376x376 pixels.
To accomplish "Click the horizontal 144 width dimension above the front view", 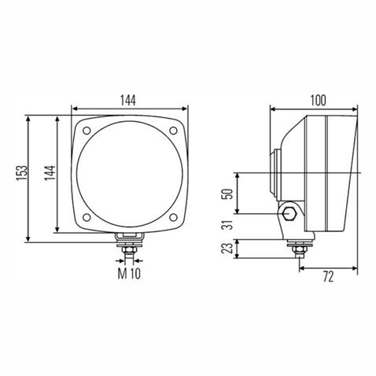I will [x=129, y=99].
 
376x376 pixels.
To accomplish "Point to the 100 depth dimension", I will [x=318, y=99].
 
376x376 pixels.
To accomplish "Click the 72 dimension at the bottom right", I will [x=329, y=276].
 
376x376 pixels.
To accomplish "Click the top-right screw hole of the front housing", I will [x=172, y=131].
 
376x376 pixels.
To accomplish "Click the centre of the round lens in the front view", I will [x=130, y=173].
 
